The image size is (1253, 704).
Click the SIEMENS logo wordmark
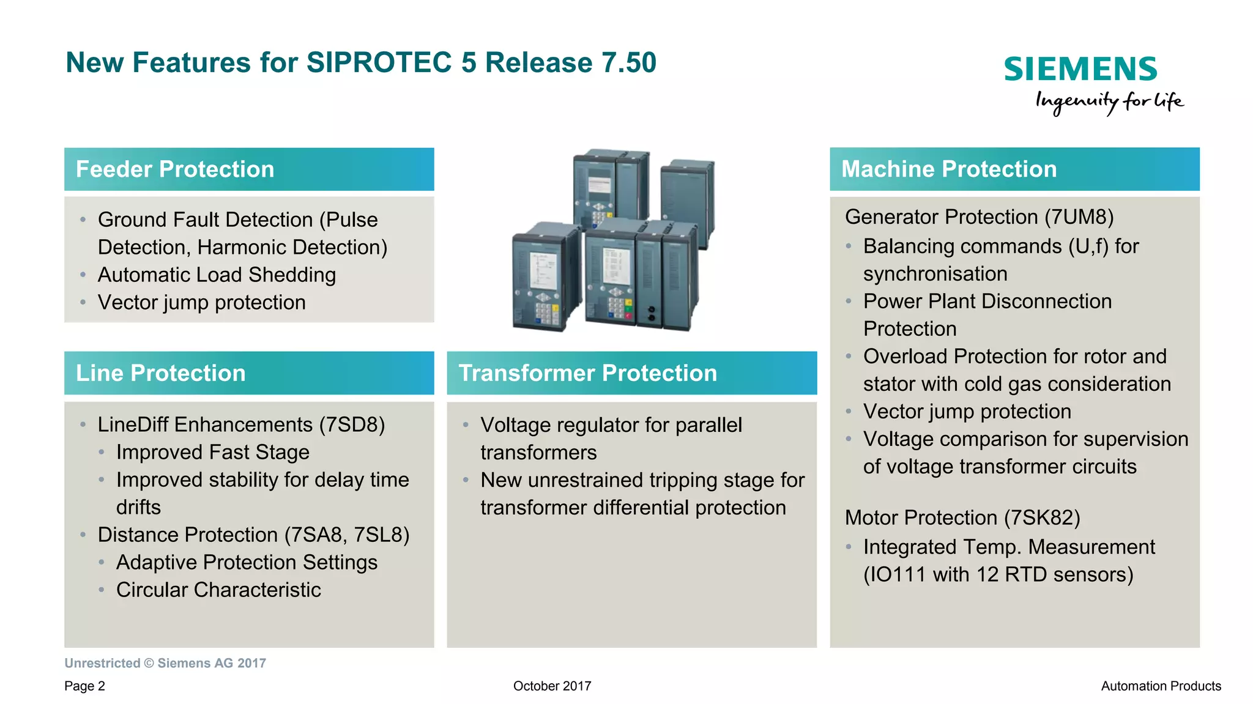click(x=1080, y=69)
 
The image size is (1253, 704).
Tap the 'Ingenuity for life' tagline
click(x=1109, y=102)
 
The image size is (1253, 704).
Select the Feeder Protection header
click(x=175, y=169)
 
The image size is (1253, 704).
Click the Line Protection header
click(x=160, y=373)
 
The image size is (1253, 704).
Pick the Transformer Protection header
click(x=587, y=373)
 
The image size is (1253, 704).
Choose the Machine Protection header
click(x=948, y=169)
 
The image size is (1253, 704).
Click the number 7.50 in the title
click(x=629, y=62)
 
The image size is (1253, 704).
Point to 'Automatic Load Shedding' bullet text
click(x=217, y=275)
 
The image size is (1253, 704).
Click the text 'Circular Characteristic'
click(x=218, y=590)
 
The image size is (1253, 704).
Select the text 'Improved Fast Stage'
click(x=213, y=453)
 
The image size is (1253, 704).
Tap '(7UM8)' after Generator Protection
click(x=1079, y=217)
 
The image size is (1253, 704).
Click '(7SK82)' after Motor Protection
click(x=1042, y=518)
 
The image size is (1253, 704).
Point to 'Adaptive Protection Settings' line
click(x=247, y=563)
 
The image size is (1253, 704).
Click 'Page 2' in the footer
click(x=84, y=686)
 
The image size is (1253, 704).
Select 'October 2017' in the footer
click(x=552, y=686)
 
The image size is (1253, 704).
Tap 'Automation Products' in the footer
click(x=1161, y=686)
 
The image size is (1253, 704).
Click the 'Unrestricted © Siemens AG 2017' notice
click(x=165, y=664)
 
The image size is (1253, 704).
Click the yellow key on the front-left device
click(x=555, y=309)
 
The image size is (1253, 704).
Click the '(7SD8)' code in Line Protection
click(x=352, y=425)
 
